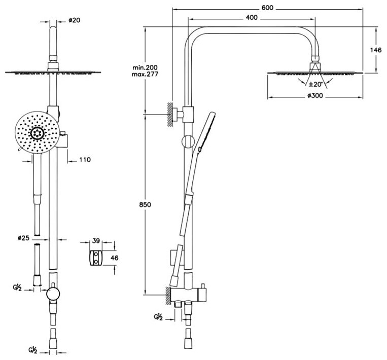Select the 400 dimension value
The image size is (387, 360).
point(252,18)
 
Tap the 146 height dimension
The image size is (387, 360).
point(376,50)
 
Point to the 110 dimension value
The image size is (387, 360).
point(84,160)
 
